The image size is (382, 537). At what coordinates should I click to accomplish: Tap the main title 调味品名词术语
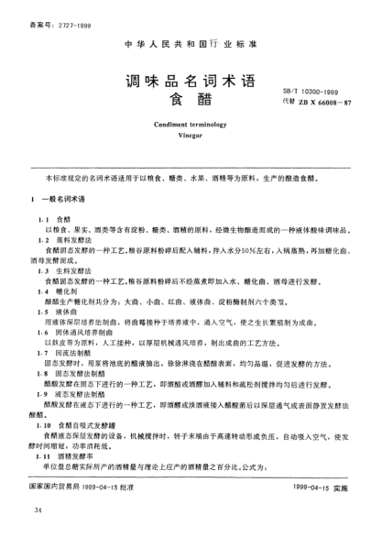click(x=191, y=80)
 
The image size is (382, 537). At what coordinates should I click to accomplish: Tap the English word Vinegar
click(x=190, y=131)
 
